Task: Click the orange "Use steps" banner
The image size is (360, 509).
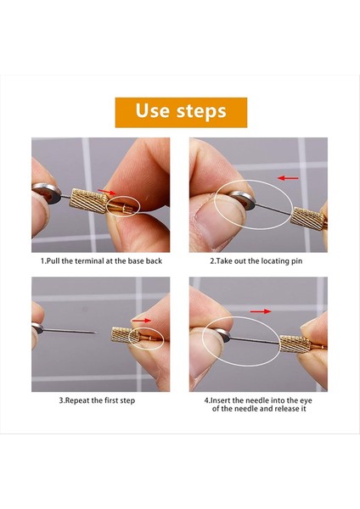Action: click(181, 112)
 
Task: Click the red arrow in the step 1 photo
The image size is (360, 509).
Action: click(107, 192)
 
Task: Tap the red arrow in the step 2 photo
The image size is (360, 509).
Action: click(288, 178)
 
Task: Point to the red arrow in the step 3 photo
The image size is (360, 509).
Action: click(141, 321)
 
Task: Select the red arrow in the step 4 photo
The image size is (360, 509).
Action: click(261, 311)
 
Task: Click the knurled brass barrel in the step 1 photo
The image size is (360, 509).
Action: click(88, 201)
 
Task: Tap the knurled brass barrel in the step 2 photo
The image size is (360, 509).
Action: click(307, 219)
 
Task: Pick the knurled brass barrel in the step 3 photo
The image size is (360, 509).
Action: click(125, 335)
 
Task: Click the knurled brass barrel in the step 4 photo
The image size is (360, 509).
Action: click(295, 344)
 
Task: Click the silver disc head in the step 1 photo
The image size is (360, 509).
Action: click(47, 193)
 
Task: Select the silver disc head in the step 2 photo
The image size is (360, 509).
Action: click(241, 200)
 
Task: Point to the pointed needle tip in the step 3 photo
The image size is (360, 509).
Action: click(95, 333)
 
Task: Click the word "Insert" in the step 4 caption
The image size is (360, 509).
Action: click(221, 400)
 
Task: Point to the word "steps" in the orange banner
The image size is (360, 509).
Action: click(201, 112)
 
